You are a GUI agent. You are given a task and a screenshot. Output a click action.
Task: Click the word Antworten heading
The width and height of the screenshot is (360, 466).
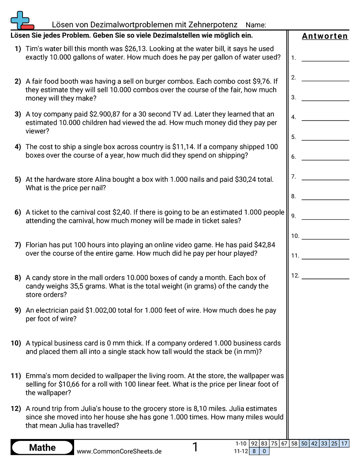(325, 36)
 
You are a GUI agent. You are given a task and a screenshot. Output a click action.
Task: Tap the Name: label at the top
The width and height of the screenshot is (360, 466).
(255, 25)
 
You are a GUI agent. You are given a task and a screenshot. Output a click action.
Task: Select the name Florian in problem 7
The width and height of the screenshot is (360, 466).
(38, 245)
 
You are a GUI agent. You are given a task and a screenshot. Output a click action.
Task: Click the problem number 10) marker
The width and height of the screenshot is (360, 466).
(16, 343)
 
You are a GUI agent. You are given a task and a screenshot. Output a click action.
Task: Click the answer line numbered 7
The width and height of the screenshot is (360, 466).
(325, 179)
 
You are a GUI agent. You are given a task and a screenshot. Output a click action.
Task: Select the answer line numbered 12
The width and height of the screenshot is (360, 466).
(325, 278)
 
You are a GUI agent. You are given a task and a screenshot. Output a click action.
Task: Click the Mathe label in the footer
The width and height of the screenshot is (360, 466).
(42, 447)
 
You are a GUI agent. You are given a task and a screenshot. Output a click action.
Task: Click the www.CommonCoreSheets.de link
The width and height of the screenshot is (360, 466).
(119, 451)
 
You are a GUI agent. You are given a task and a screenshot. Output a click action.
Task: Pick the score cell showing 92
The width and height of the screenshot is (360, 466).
(254, 443)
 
